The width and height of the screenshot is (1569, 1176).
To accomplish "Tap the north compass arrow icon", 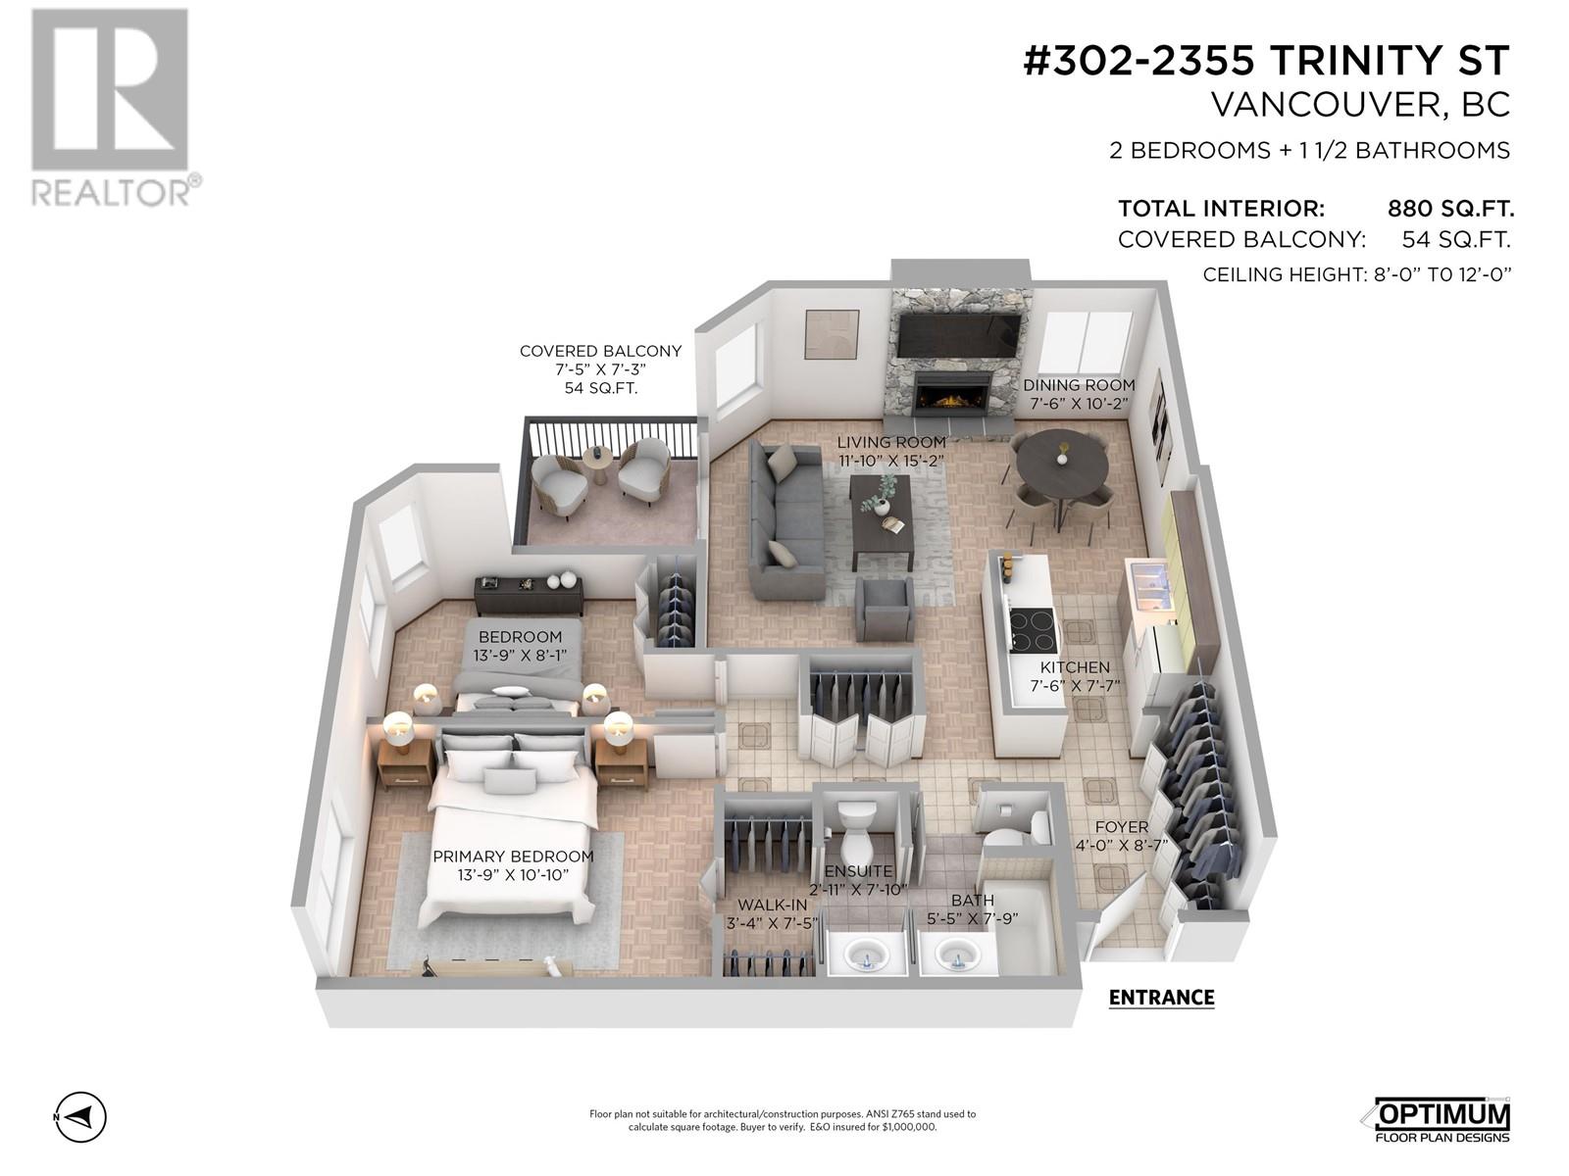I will coord(80,1116).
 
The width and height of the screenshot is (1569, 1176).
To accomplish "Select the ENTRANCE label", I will coord(1161,998).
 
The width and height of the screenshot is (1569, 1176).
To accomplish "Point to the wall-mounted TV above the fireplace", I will coord(959,335).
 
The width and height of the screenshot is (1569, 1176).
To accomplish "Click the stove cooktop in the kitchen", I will coord(1033,630).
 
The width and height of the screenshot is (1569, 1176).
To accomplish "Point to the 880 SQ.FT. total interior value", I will coord(1450,209).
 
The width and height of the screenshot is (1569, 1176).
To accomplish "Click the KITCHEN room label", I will coord(1075,667).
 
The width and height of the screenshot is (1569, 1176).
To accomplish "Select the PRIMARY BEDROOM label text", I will coord(513,856).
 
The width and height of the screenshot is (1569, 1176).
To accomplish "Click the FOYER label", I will coord(1121,827).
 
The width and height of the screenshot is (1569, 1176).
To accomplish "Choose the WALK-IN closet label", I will coord(773,905).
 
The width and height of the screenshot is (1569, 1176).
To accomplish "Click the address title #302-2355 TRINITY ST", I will coord(1266,61).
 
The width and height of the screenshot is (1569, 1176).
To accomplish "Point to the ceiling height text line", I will coord(1357,274).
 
